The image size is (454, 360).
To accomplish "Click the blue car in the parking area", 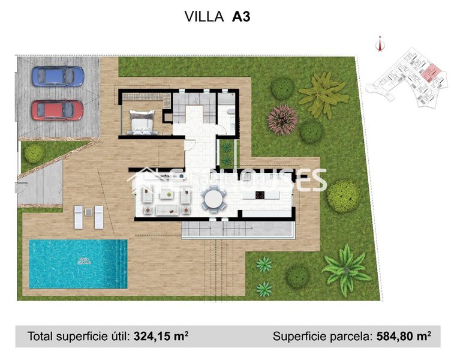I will (58, 76).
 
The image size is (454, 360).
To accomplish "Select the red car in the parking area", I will (58, 110).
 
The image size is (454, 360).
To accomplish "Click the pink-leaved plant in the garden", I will (282, 119).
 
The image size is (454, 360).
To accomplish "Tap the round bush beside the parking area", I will (34, 153).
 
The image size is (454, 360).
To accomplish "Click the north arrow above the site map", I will (379, 43).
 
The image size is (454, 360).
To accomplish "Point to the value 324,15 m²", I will (161, 337).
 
